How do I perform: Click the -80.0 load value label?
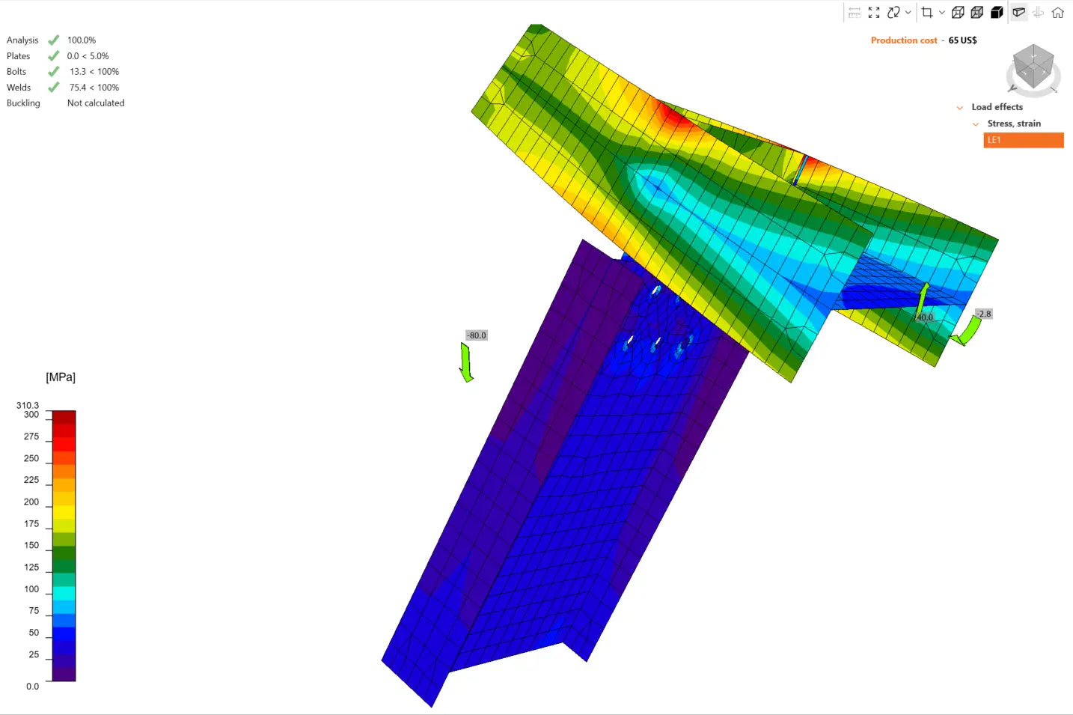pos(476,335)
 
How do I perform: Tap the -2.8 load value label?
pos(983,314)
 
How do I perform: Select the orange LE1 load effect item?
pos(1023,140)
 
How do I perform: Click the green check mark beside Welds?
pos(54,87)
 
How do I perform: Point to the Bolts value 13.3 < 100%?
pos(94,71)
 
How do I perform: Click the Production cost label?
pos(903,40)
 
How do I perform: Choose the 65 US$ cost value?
pos(962,40)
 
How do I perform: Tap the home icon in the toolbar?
pos(1057,13)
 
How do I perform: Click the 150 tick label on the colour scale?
pos(31,545)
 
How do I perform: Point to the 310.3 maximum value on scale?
pos(27,406)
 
